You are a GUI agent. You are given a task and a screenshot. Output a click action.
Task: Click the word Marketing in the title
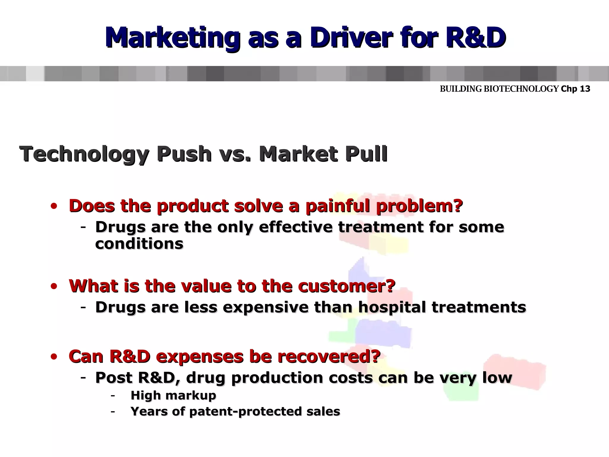click(x=172, y=38)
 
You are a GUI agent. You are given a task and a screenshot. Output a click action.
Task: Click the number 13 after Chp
click(x=585, y=89)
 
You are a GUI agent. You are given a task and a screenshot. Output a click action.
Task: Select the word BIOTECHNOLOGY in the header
click(x=521, y=89)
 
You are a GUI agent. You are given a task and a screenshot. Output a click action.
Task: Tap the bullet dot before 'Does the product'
click(x=54, y=206)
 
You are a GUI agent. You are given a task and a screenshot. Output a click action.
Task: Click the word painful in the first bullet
click(x=338, y=206)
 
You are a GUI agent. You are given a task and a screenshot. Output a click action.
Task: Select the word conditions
click(x=139, y=244)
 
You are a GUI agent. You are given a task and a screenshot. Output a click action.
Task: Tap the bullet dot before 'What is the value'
click(x=54, y=287)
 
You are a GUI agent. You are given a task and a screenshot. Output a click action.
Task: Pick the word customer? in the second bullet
click(x=347, y=286)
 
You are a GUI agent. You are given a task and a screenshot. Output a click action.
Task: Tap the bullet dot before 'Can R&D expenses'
click(x=54, y=357)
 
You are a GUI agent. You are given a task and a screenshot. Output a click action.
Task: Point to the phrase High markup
click(x=173, y=395)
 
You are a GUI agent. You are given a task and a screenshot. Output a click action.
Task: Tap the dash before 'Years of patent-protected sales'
click(x=113, y=412)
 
